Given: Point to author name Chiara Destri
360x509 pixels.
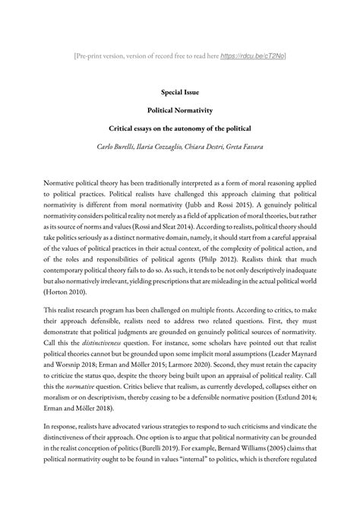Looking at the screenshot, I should (x=213, y=146).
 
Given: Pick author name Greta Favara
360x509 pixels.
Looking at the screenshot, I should (x=256, y=146).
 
